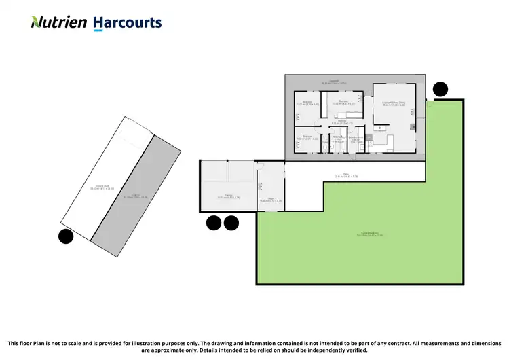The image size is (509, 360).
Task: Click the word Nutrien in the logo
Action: pyautogui.click(x=59, y=22)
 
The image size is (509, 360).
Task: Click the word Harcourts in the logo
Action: pyautogui.click(x=127, y=22)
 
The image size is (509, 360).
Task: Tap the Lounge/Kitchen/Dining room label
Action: pyautogui.click(x=394, y=104)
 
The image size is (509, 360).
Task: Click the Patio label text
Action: pyautogui.click(x=345, y=175)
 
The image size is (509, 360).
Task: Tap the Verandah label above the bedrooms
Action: pyautogui.click(x=334, y=82)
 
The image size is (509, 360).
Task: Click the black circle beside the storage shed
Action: pyautogui.click(x=66, y=236)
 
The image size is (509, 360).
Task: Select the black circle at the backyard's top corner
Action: pyautogui.click(x=440, y=88)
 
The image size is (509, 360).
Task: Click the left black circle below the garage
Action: pyautogui.click(x=214, y=222)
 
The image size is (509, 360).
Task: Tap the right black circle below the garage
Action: pyautogui.click(x=231, y=222)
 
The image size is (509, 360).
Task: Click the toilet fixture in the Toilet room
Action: pyautogui.click(x=324, y=145)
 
